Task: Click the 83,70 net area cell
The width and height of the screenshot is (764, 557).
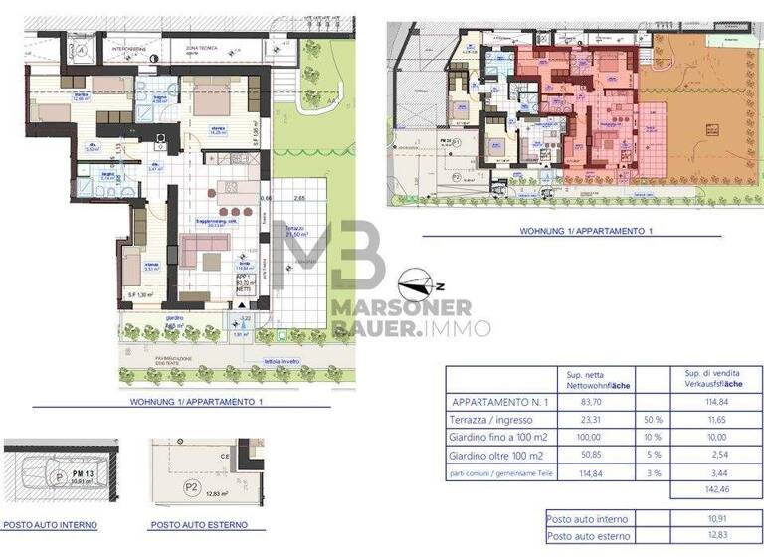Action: point(592,405)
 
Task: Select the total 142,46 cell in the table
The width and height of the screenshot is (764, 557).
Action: point(713,489)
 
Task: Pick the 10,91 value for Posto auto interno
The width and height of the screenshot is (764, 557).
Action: point(713,519)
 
